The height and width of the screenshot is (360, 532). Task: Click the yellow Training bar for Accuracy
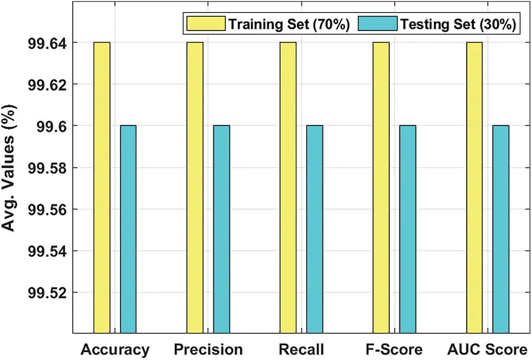(102, 187)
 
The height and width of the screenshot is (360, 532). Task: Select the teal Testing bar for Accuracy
(128, 228)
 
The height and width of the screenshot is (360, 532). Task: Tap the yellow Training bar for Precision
(195, 187)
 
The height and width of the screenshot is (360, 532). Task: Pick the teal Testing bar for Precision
(221, 228)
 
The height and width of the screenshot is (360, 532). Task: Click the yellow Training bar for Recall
(288, 187)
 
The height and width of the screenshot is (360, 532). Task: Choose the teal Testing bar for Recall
(315, 228)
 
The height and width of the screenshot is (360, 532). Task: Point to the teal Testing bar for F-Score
(408, 228)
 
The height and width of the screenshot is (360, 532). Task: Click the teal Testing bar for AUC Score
(501, 228)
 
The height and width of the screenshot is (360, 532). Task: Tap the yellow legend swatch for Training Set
(206, 24)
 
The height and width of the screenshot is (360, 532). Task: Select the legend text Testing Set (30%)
(457, 24)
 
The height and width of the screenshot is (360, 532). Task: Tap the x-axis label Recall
(301, 349)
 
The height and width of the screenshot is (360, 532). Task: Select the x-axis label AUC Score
(487, 349)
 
